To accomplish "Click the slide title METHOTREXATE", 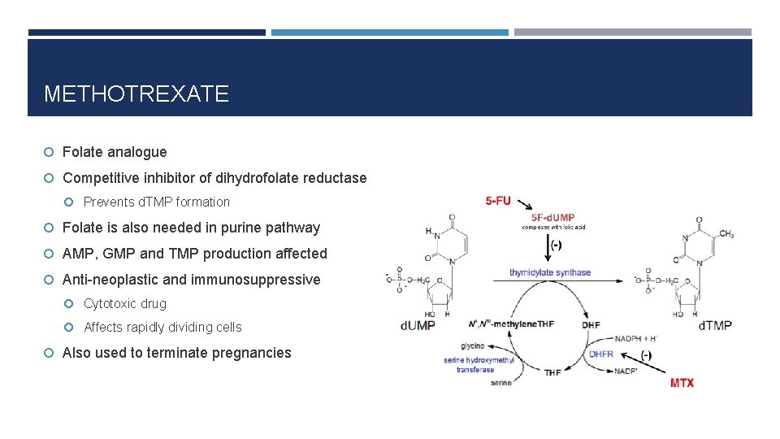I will (136, 94).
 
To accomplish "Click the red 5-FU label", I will (499, 201).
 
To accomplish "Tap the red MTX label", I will (682, 382).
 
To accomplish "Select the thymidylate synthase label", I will (550, 272).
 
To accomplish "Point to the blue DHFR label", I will (601, 354).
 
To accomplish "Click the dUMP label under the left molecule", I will (418, 325).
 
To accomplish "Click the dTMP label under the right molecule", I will (715, 325).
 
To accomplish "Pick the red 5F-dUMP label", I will (553, 217).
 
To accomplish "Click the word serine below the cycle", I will (501, 383).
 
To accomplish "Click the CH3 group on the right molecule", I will (726, 234).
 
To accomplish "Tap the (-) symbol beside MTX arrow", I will (646, 355).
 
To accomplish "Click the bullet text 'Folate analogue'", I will (115, 152).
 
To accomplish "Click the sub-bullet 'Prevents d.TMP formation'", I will (157, 202).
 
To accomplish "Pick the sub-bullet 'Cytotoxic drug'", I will (125, 304).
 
